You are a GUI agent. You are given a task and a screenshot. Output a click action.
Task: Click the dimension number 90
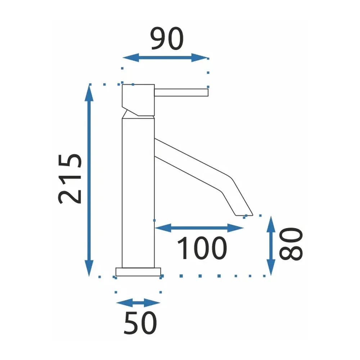tap(167, 39)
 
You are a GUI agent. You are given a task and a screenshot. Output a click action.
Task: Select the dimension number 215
tap(70, 179)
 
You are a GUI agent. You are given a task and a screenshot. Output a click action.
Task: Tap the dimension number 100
tap(202, 248)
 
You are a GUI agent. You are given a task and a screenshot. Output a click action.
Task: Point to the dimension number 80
tap(291, 244)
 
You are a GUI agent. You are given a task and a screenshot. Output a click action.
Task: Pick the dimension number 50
tap(140, 323)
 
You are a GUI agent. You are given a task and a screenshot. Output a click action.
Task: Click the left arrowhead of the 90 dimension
tap(131, 58)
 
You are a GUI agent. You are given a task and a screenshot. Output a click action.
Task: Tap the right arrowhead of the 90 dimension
tap(200, 58)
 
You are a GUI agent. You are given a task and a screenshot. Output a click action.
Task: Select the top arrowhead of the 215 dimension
tap(89, 93)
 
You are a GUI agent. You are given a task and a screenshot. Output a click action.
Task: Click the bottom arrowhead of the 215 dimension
tap(89, 268)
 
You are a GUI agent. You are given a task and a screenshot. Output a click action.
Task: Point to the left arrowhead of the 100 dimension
tap(163, 228)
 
